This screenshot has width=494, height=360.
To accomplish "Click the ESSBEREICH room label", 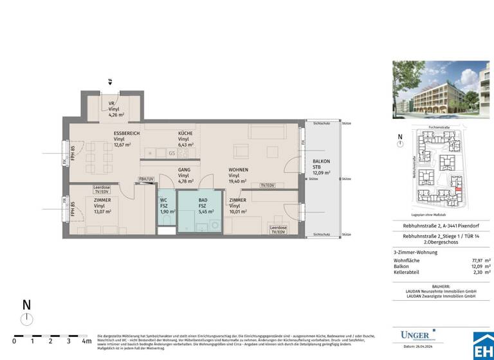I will [127, 134].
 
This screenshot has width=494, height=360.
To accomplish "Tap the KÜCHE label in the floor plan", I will [185, 134].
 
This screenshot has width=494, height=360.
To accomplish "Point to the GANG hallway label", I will [184, 170].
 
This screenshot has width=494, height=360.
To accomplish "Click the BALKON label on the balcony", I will [321, 161].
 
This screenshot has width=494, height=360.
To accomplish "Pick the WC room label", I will [163, 200].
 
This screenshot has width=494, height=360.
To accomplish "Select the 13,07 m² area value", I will [102, 212].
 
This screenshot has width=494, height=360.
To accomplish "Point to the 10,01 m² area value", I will [237, 212].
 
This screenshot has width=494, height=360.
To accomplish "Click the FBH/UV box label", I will [146, 178].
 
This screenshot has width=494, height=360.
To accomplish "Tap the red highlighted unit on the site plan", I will [457, 188].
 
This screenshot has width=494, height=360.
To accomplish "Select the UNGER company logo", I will [416, 335].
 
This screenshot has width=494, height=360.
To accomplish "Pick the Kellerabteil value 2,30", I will [477, 272].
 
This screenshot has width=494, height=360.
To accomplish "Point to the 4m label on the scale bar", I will [86, 341].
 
